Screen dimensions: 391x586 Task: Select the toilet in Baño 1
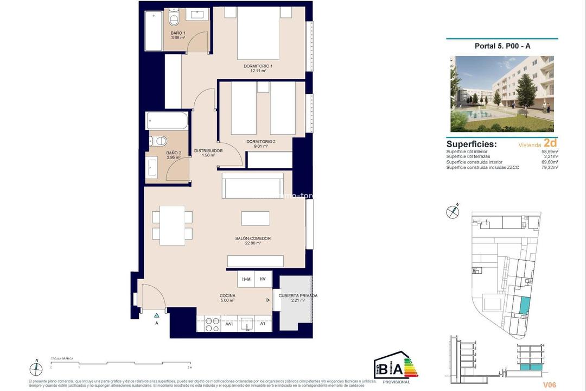[x=174, y=20]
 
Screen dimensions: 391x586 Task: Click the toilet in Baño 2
[x=160, y=141]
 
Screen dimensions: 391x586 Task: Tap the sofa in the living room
[x=252, y=186]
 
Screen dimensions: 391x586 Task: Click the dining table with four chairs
[x=172, y=225]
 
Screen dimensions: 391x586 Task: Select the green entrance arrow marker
[x=156, y=315]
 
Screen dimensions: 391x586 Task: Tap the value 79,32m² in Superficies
[x=549, y=167]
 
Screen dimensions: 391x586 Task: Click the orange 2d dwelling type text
[x=551, y=144]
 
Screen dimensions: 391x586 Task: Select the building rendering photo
[x=502, y=93]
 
